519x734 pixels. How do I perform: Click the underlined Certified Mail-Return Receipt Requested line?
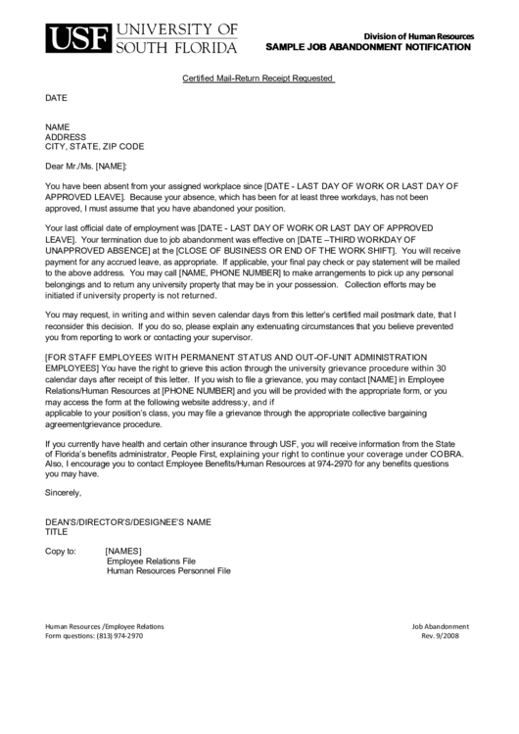point(259,77)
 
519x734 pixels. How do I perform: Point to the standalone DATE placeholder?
point(57,98)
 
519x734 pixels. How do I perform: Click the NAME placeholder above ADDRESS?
point(58,127)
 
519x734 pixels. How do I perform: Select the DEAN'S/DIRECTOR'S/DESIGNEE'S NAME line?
point(128,522)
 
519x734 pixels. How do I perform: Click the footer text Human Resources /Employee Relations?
point(105,625)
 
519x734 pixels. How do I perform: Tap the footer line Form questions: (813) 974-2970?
point(94,635)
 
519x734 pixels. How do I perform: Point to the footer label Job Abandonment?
point(440,625)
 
